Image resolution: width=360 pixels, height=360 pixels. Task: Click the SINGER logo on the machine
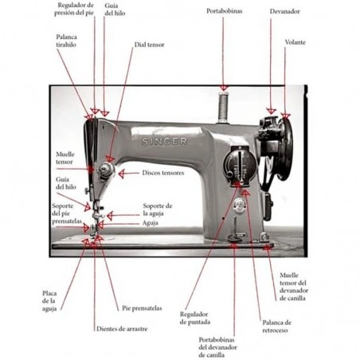coord(164,141)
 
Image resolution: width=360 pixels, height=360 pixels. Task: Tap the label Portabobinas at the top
coord(225,11)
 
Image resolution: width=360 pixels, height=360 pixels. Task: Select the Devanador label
coord(285,11)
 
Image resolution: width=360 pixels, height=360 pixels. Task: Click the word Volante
coord(295,42)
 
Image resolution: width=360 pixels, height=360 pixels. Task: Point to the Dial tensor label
coord(150,45)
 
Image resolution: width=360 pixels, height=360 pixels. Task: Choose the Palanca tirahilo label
coord(66,41)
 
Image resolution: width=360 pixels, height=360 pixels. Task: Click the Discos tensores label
coord(163,173)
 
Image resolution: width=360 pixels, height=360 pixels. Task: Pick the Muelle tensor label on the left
coord(65,158)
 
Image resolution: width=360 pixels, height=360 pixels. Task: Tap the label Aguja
coord(151,223)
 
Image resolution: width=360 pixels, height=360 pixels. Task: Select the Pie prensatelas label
coord(142,308)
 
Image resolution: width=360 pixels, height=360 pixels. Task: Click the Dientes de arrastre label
coord(122,329)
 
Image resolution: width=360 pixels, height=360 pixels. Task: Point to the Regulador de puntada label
coord(195,318)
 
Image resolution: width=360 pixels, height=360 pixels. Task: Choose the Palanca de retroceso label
coord(277,327)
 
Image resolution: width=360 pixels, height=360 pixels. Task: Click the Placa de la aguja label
coord(49,301)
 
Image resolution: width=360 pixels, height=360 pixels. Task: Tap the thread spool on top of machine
coord(223,108)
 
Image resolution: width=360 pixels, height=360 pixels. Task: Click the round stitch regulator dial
coord(240,165)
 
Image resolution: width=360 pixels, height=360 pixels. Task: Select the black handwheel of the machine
coord(284,149)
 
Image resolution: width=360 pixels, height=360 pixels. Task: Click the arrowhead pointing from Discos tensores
coord(121,174)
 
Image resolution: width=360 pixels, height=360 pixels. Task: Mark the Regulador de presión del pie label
coord(74,9)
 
